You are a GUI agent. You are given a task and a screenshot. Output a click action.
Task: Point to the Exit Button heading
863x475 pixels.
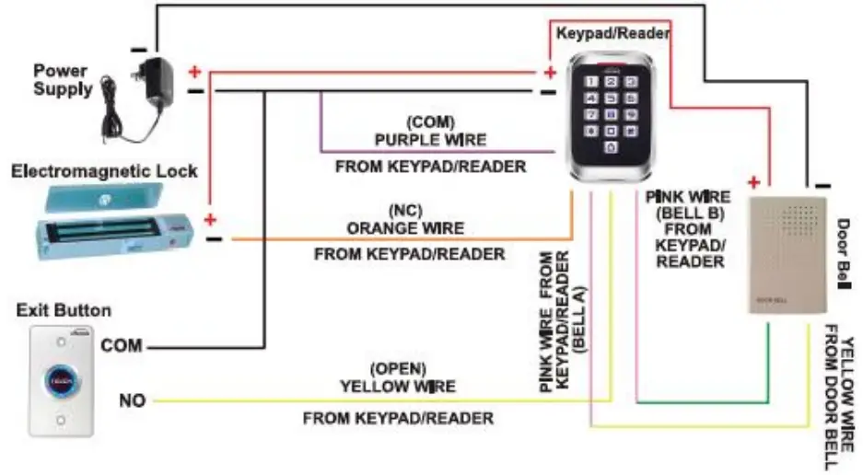(64, 310)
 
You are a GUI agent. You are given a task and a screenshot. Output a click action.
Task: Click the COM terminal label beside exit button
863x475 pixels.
(122, 346)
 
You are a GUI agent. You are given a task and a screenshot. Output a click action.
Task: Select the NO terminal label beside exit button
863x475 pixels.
(132, 401)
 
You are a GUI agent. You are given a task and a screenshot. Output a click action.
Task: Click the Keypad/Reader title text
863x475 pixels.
(612, 32)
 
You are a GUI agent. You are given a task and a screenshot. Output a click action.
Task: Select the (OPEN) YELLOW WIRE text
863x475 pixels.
(398, 377)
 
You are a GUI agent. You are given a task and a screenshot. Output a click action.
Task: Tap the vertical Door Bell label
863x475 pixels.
(843, 254)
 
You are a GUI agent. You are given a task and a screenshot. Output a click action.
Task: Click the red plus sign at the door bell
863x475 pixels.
(754, 182)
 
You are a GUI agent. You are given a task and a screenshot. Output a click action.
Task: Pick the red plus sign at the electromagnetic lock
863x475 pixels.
(210, 220)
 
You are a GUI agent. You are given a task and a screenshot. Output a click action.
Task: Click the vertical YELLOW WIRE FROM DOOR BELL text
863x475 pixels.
(835, 396)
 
